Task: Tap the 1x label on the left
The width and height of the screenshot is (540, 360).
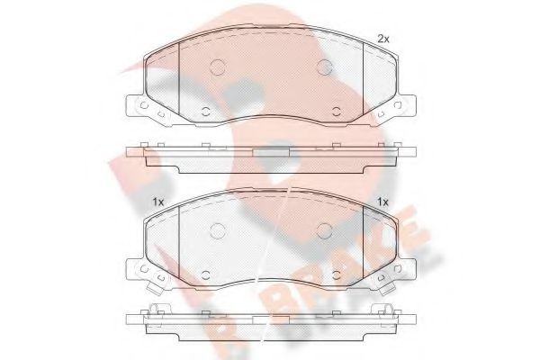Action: click(157, 202)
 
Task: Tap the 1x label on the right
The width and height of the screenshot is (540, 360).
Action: click(382, 202)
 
